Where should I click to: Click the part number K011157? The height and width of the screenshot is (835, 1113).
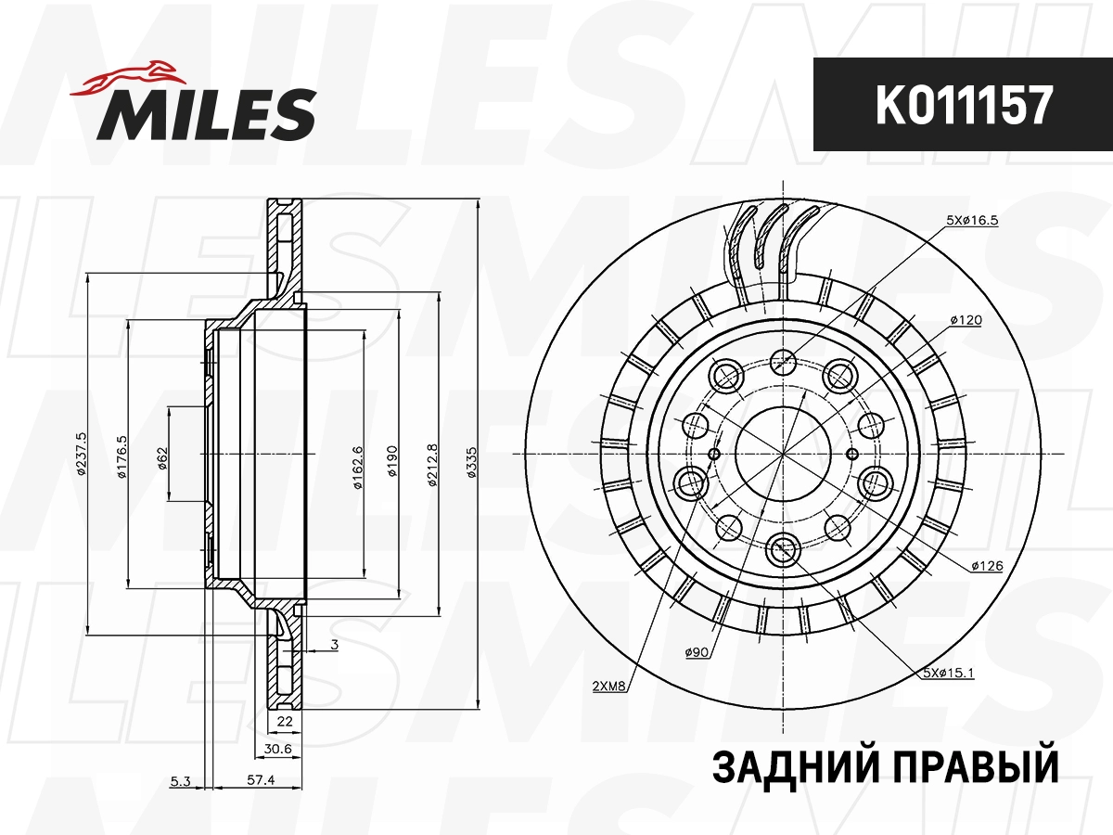pos(963,106)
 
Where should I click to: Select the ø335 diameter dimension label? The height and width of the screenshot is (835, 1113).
pos(471,461)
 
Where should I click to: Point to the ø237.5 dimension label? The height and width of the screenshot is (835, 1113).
pos(82,455)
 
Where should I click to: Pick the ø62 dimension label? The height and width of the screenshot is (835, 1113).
pos(162,458)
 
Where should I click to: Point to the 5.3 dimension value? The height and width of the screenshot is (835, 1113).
pos(180,781)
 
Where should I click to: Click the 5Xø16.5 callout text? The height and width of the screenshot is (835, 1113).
pos(972,220)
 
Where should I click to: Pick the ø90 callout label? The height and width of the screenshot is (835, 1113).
pos(697,653)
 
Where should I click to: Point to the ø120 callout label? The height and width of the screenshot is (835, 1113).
pos(966,319)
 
